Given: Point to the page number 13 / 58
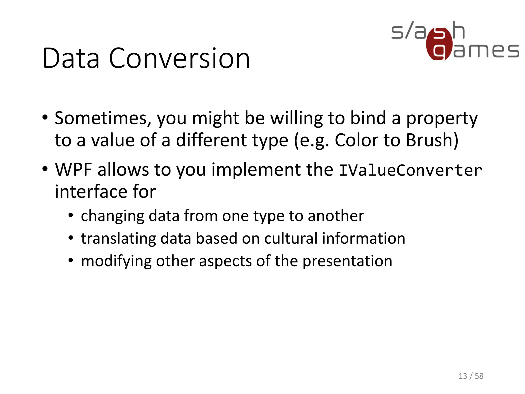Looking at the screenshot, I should coord(471,376).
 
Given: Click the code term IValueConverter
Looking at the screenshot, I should coord(410,170).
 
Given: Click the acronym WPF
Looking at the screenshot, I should coord(74,170).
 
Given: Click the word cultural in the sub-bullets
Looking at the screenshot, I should coord(291,238).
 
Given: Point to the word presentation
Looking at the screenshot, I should coord(347,261).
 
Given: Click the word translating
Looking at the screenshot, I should coord(118,238).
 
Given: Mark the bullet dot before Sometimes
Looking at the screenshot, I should coord(45,118).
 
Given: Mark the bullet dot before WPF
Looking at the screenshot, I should coord(45,169).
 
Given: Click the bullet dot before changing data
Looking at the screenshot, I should coord(71,215).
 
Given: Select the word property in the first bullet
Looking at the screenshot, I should coord(442,118).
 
